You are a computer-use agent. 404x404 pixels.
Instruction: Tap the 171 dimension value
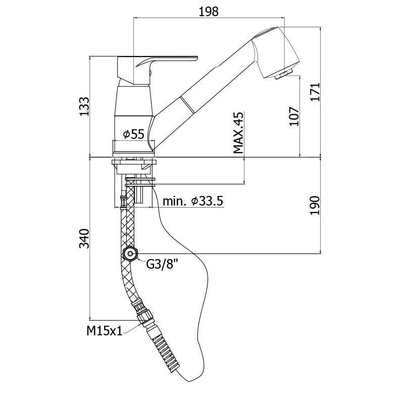click(315, 92)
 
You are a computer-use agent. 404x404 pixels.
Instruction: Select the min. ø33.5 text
click(192, 201)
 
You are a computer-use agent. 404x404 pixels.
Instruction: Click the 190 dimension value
click(315, 206)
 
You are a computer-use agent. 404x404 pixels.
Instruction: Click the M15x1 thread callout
click(104, 331)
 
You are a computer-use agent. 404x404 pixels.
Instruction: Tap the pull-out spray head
click(268, 50)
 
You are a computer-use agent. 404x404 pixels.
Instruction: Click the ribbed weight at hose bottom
click(165, 350)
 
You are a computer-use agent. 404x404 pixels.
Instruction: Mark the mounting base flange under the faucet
click(134, 162)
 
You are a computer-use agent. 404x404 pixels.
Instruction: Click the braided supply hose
click(126, 222)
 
